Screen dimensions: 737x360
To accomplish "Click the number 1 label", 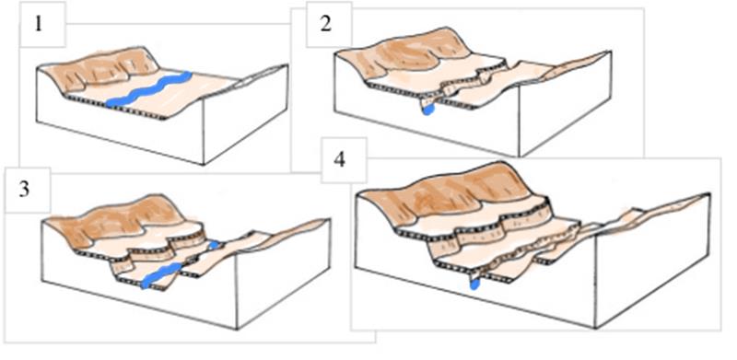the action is (x=38, y=24).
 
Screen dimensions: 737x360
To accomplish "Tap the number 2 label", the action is (x=326, y=24).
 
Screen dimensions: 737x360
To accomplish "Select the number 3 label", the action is (x=25, y=190).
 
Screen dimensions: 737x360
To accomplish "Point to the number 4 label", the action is (x=339, y=160).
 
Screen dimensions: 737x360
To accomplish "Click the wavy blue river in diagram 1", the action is (x=148, y=89).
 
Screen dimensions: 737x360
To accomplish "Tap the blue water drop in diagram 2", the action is (x=427, y=110).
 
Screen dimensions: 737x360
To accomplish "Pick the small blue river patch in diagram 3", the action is (x=214, y=245).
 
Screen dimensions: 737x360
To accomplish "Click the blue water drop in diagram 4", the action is (x=474, y=284).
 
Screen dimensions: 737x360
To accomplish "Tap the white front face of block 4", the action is (x=474, y=286).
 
